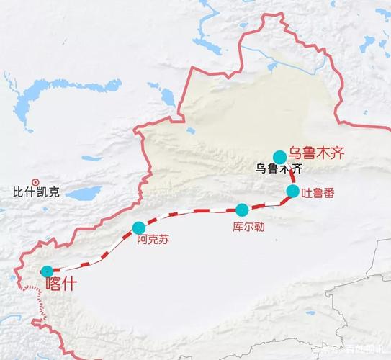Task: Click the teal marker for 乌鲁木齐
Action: [x=279, y=157]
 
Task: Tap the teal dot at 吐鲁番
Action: [x=292, y=191]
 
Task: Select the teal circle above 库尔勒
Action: [x=242, y=210]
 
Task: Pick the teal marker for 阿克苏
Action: [x=138, y=228]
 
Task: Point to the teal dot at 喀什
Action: [x=47, y=271]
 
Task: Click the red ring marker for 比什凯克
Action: [x=35, y=181]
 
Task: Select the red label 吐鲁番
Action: [x=318, y=193]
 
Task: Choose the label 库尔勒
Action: [x=248, y=226]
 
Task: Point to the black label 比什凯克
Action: [x=34, y=193]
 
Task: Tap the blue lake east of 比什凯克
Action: [x=84, y=194]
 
